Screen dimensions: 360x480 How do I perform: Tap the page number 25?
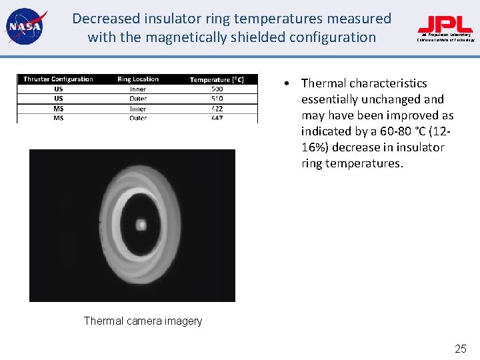(x=461, y=349)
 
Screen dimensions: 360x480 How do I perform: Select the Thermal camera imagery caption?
(x=143, y=321)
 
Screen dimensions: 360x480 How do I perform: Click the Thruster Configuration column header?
(x=58, y=79)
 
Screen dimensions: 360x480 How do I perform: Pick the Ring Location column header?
(x=138, y=79)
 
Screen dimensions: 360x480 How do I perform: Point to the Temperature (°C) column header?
(x=217, y=80)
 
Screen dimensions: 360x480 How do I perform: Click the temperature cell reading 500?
(x=217, y=89)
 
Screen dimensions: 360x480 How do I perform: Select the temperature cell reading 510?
(x=217, y=99)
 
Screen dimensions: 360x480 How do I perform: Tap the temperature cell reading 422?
(x=217, y=109)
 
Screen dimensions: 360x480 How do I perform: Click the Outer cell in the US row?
(x=138, y=99)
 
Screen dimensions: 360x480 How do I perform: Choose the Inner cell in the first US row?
(x=138, y=89)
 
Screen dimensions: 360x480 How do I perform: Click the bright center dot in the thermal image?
(x=141, y=225)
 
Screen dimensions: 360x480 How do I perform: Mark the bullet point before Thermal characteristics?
(x=285, y=84)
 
